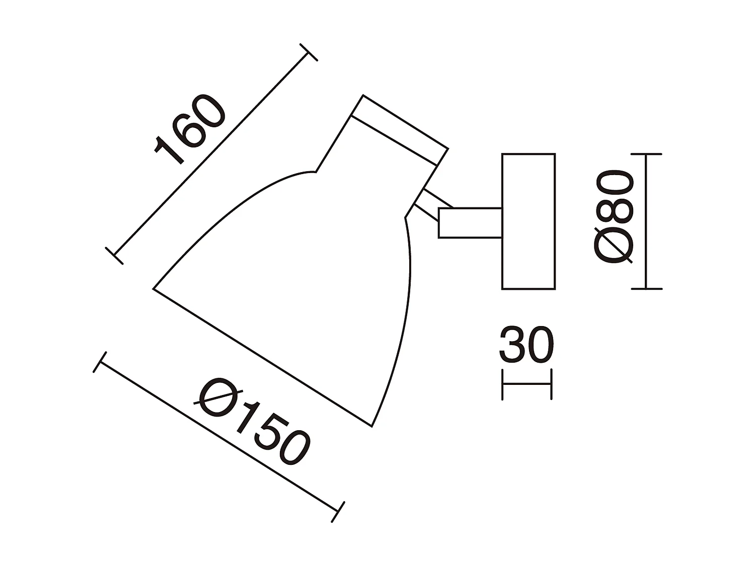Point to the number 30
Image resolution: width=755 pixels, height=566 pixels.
click(x=526, y=345)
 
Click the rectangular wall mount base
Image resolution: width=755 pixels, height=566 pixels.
click(x=528, y=221)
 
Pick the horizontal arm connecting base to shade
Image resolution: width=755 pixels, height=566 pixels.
click(x=470, y=222)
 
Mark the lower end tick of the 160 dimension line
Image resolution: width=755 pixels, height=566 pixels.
click(x=114, y=256)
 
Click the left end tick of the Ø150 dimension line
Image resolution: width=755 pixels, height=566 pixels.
click(x=100, y=362)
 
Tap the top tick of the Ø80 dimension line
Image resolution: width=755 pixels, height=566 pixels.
click(x=646, y=154)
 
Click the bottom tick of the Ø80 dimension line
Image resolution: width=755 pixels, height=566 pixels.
click(x=646, y=289)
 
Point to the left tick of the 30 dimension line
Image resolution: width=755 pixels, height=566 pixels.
click(x=502, y=384)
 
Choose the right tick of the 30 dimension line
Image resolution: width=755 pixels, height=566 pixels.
click(x=552, y=384)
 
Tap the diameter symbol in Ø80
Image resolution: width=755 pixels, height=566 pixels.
click(x=613, y=246)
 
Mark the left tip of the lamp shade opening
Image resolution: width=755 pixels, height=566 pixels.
click(x=154, y=289)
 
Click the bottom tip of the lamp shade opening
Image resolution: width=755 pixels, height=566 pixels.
click(x=371, y=427)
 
